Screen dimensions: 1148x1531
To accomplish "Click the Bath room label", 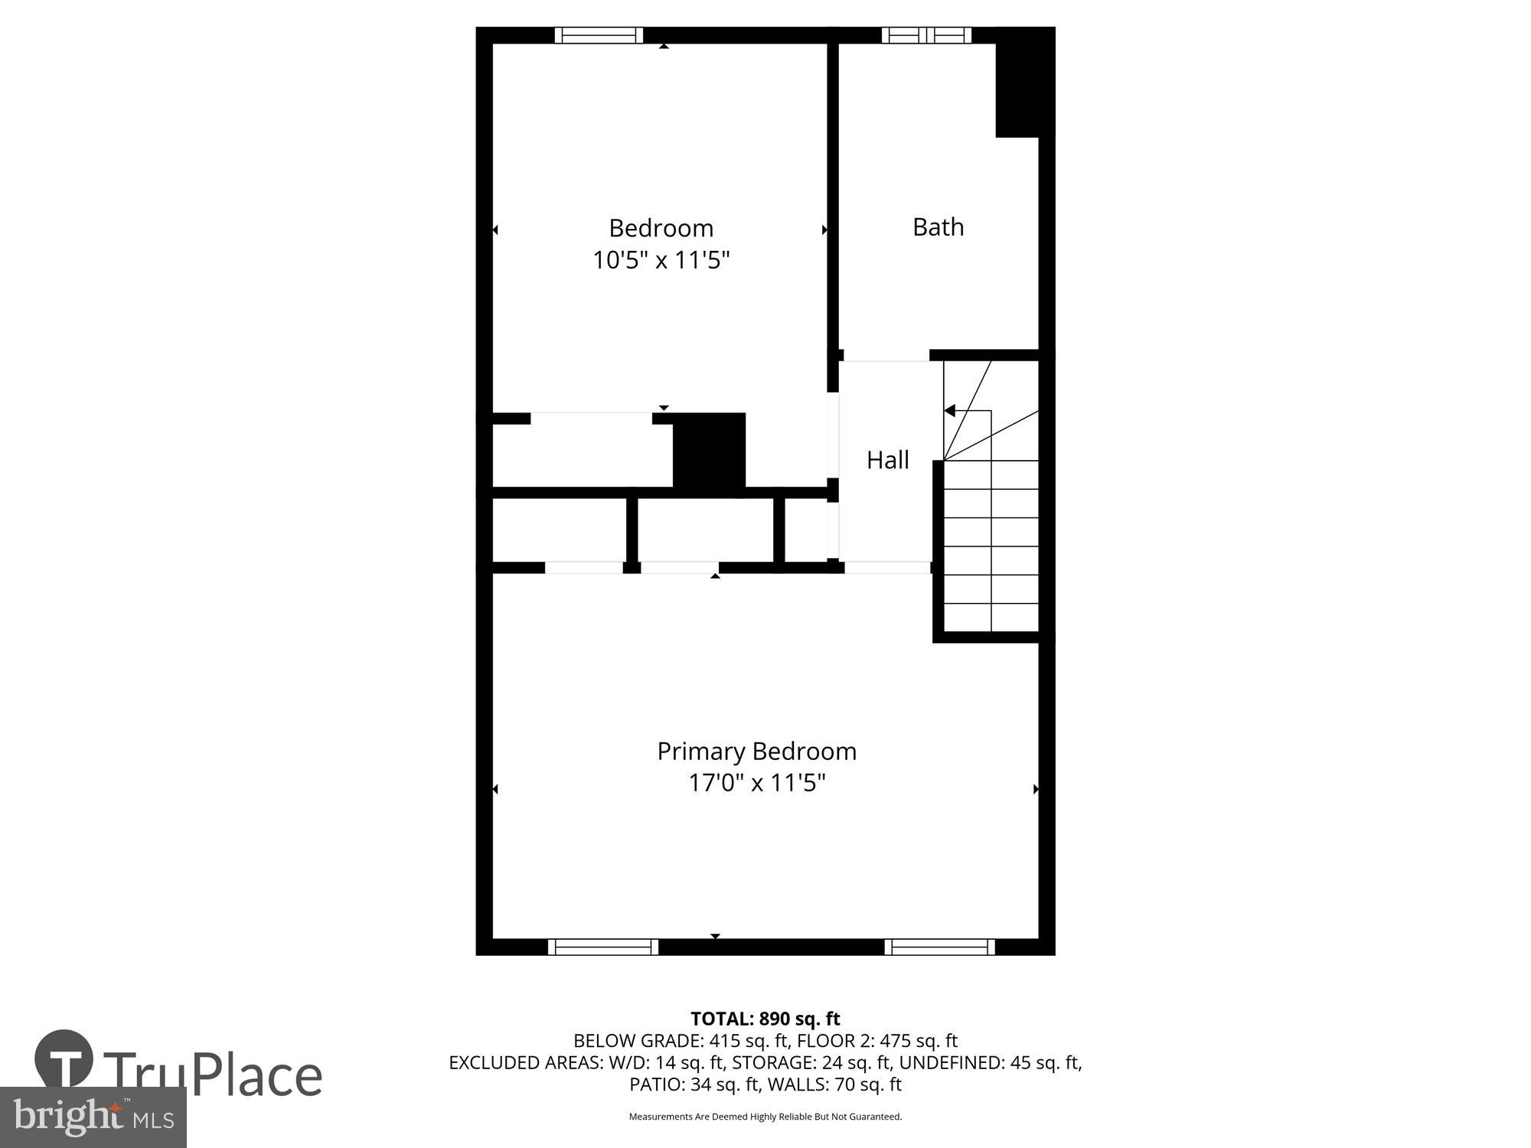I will (x=938, y=227).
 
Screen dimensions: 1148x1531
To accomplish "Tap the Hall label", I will (x=887, y=460).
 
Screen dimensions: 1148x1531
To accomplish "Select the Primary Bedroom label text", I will (x=756, y=752).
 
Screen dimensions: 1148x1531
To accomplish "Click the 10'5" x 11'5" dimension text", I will (x=661, y=261).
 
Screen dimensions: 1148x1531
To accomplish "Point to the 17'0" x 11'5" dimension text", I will (x=756, y=784).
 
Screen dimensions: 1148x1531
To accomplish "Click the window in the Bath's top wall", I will (x=926, y=35).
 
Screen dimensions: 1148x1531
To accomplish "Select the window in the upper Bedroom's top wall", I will (x=599, y=35).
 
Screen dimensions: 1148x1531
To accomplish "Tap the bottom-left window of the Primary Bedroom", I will (x=603, y=947).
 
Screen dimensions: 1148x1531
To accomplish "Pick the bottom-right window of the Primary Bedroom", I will (x=940, y=947).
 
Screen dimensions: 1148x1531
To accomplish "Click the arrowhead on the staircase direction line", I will (x=950, y=411).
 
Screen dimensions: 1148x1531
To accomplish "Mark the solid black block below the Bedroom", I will (x=709, y=450).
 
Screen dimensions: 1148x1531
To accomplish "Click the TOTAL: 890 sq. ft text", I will (x=765, y=1019).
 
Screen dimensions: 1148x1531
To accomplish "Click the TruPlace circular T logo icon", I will (x=64, y=1060).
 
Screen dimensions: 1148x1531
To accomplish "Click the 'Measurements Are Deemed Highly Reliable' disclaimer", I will (x=765, y=1117).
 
